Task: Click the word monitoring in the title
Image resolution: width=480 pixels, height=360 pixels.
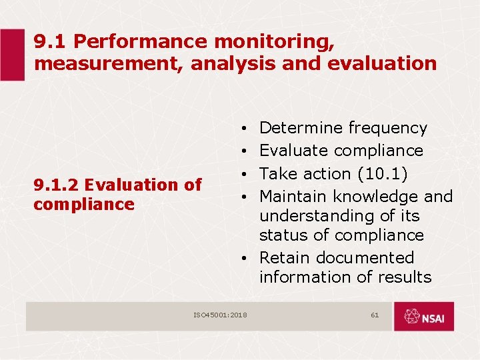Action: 272,42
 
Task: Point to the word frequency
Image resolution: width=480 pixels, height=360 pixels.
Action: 387,128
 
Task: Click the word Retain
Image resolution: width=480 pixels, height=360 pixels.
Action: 285,258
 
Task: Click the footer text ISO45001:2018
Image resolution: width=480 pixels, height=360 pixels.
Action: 220,314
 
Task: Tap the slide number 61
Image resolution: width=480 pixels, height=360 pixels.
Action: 375,314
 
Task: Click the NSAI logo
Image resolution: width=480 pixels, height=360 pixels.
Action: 423,317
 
